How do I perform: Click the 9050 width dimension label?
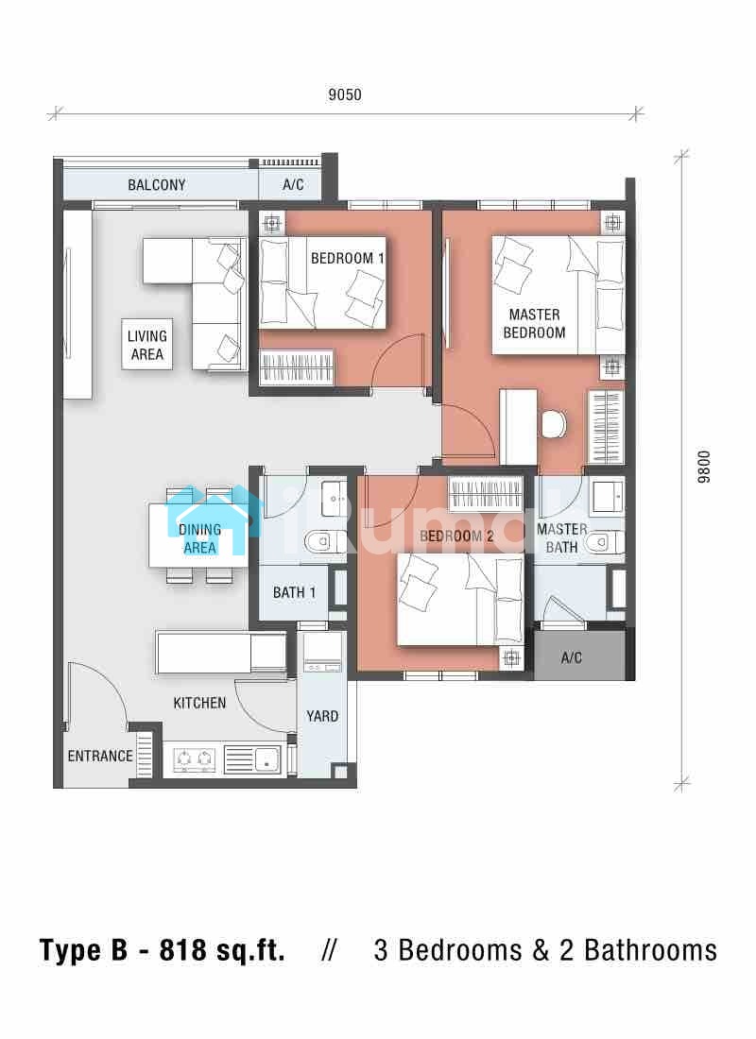coord(345,94)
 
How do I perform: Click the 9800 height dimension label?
coord(704,468)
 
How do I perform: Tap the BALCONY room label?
coord(157,185)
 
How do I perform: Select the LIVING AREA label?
coord(147,345)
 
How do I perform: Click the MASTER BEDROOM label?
coord(535,323)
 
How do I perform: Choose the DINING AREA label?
coord(199,538)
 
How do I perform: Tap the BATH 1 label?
coord(295,592)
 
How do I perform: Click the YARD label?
coord(322,716)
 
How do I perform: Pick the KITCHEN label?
coord(199,703)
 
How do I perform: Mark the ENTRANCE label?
coord(100,756)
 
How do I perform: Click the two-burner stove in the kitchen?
coord(195,758)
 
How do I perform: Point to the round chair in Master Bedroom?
coord(554,424)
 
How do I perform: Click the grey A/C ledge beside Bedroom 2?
coord(579,656)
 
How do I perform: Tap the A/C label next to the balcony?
coord(293,185)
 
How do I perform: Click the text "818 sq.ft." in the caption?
coord(222,950)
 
